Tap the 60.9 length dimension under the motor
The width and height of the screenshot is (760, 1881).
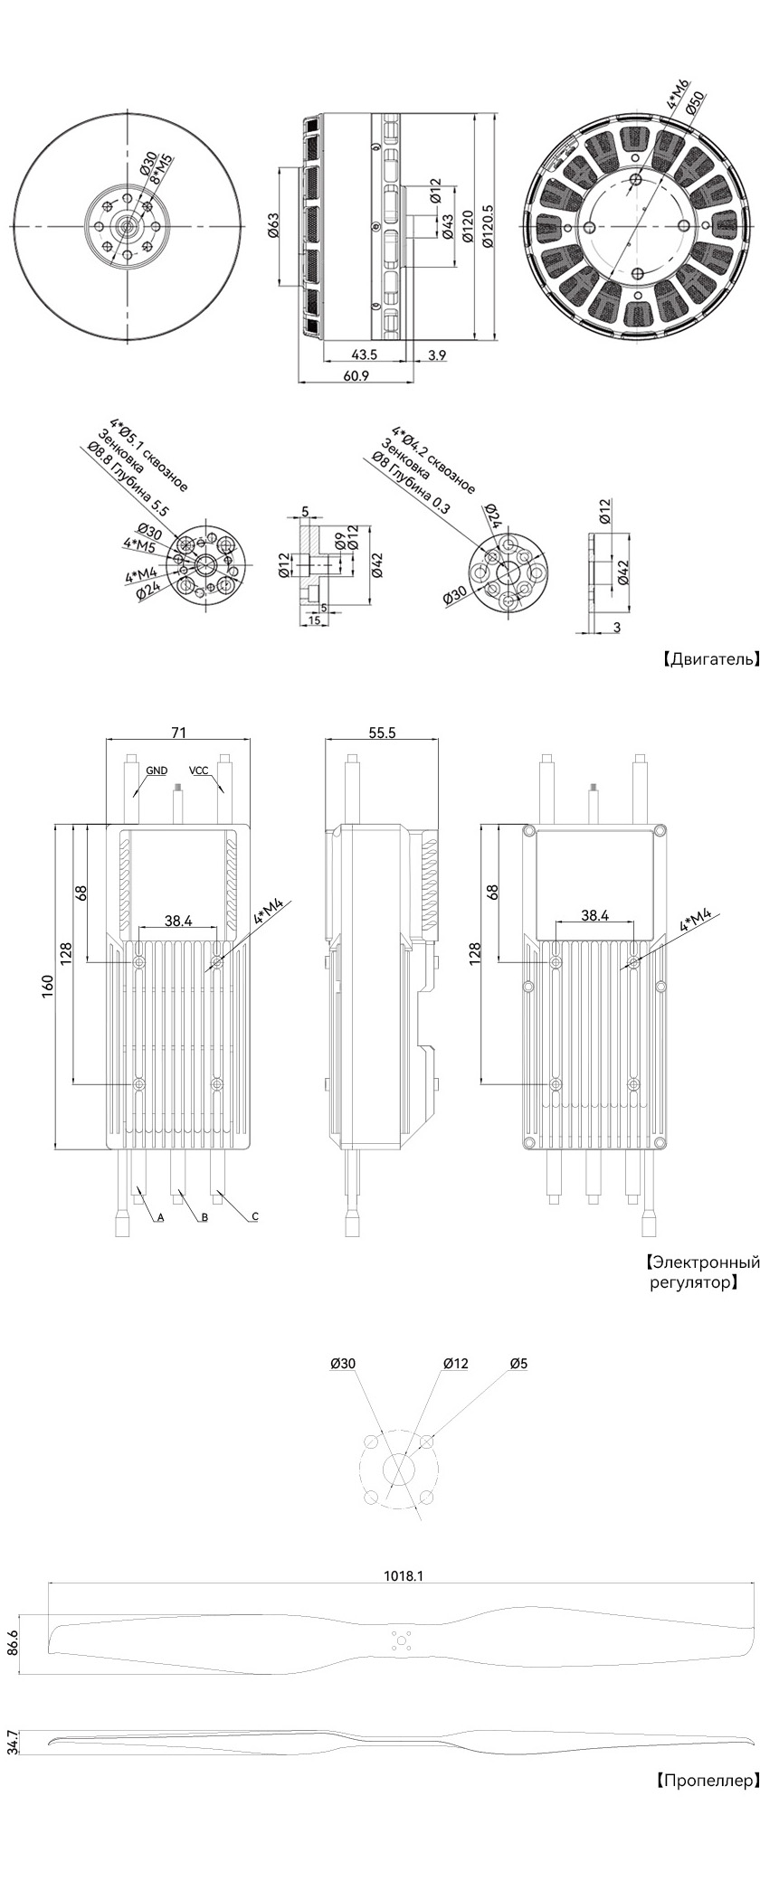tap(356, 375)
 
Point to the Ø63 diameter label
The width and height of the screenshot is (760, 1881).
tap(272, 226)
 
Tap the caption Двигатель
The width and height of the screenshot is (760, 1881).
tap(711, 659)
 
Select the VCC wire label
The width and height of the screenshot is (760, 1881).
tap(198, 770)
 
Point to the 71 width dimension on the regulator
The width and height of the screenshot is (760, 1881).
tap(177, 733)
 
